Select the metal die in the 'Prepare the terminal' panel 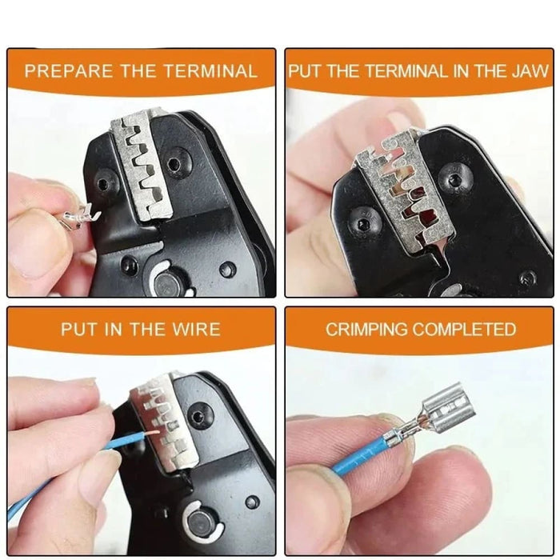coord(144,164)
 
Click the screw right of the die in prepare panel coord(174,165)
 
